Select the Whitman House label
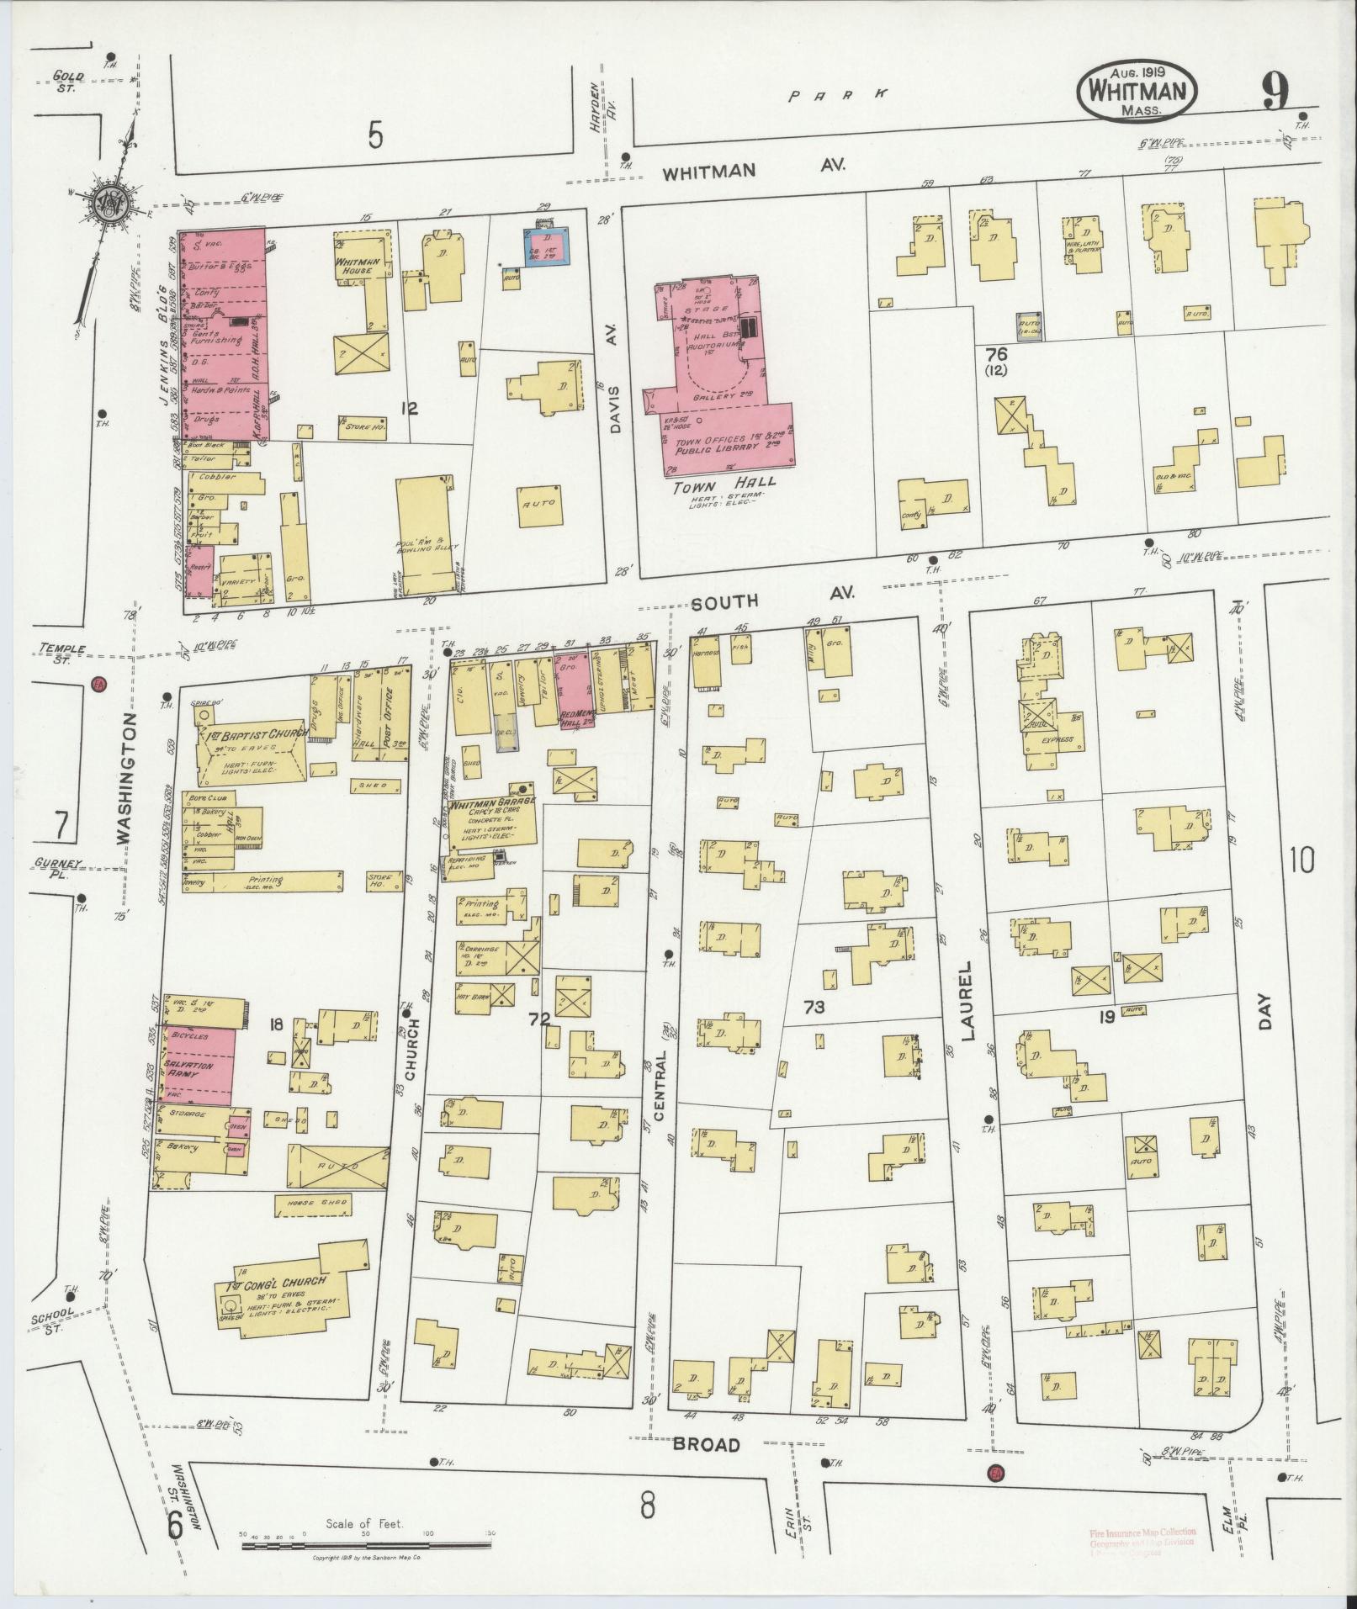tap(359, 267)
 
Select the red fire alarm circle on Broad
tap(996, 1474)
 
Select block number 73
tap(813, 1007)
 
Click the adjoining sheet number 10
tap(1300, 860)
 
